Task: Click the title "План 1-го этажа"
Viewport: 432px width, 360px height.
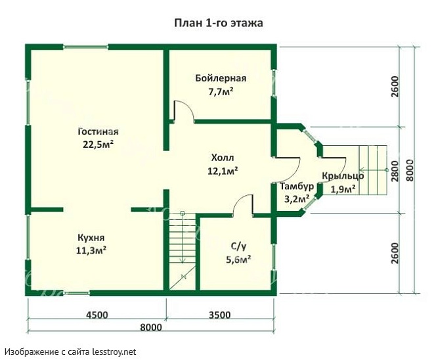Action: pyautogui.click(x=219, y=23)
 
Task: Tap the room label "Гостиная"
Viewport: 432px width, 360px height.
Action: pyautogui.click(x=98, y=131)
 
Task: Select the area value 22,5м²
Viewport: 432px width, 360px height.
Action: pyautogui.click(x=98, y=145)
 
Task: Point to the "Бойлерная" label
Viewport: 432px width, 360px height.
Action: pyautogui.click(x=221, y=78)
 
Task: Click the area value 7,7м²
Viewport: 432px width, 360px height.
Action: pyautogui.click(x=221, y=91)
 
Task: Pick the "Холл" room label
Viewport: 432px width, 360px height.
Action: pyautogui.click(x=223, y=158)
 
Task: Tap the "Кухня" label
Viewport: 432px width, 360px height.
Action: pyautogui.click(x=91, y=238)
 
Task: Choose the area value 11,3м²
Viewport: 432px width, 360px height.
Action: pyautogui.click(x=91, y=250)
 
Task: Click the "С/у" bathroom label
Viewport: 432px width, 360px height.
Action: pyautogui.click(x=238, y=246)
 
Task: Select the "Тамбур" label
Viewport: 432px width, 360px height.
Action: pyautogui.click(x=297, y=187)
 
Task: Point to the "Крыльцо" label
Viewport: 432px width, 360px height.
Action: pyautogui.click(x=343, y=176)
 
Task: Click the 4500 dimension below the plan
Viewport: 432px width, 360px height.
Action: pyautogui.click(x=97, y=315)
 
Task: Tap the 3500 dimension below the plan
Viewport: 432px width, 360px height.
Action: pyautogui.click(x=219, y=315)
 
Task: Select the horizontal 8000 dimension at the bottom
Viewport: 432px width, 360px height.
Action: pyautogui.click(x=151, y=327)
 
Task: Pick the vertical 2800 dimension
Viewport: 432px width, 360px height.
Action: pyautogui.click(x=395, y=171)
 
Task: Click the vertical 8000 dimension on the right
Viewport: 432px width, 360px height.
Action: pyautogui.click(x=410, y=170)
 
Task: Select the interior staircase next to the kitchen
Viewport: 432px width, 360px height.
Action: pyautogui.click(x=183, y=251)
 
